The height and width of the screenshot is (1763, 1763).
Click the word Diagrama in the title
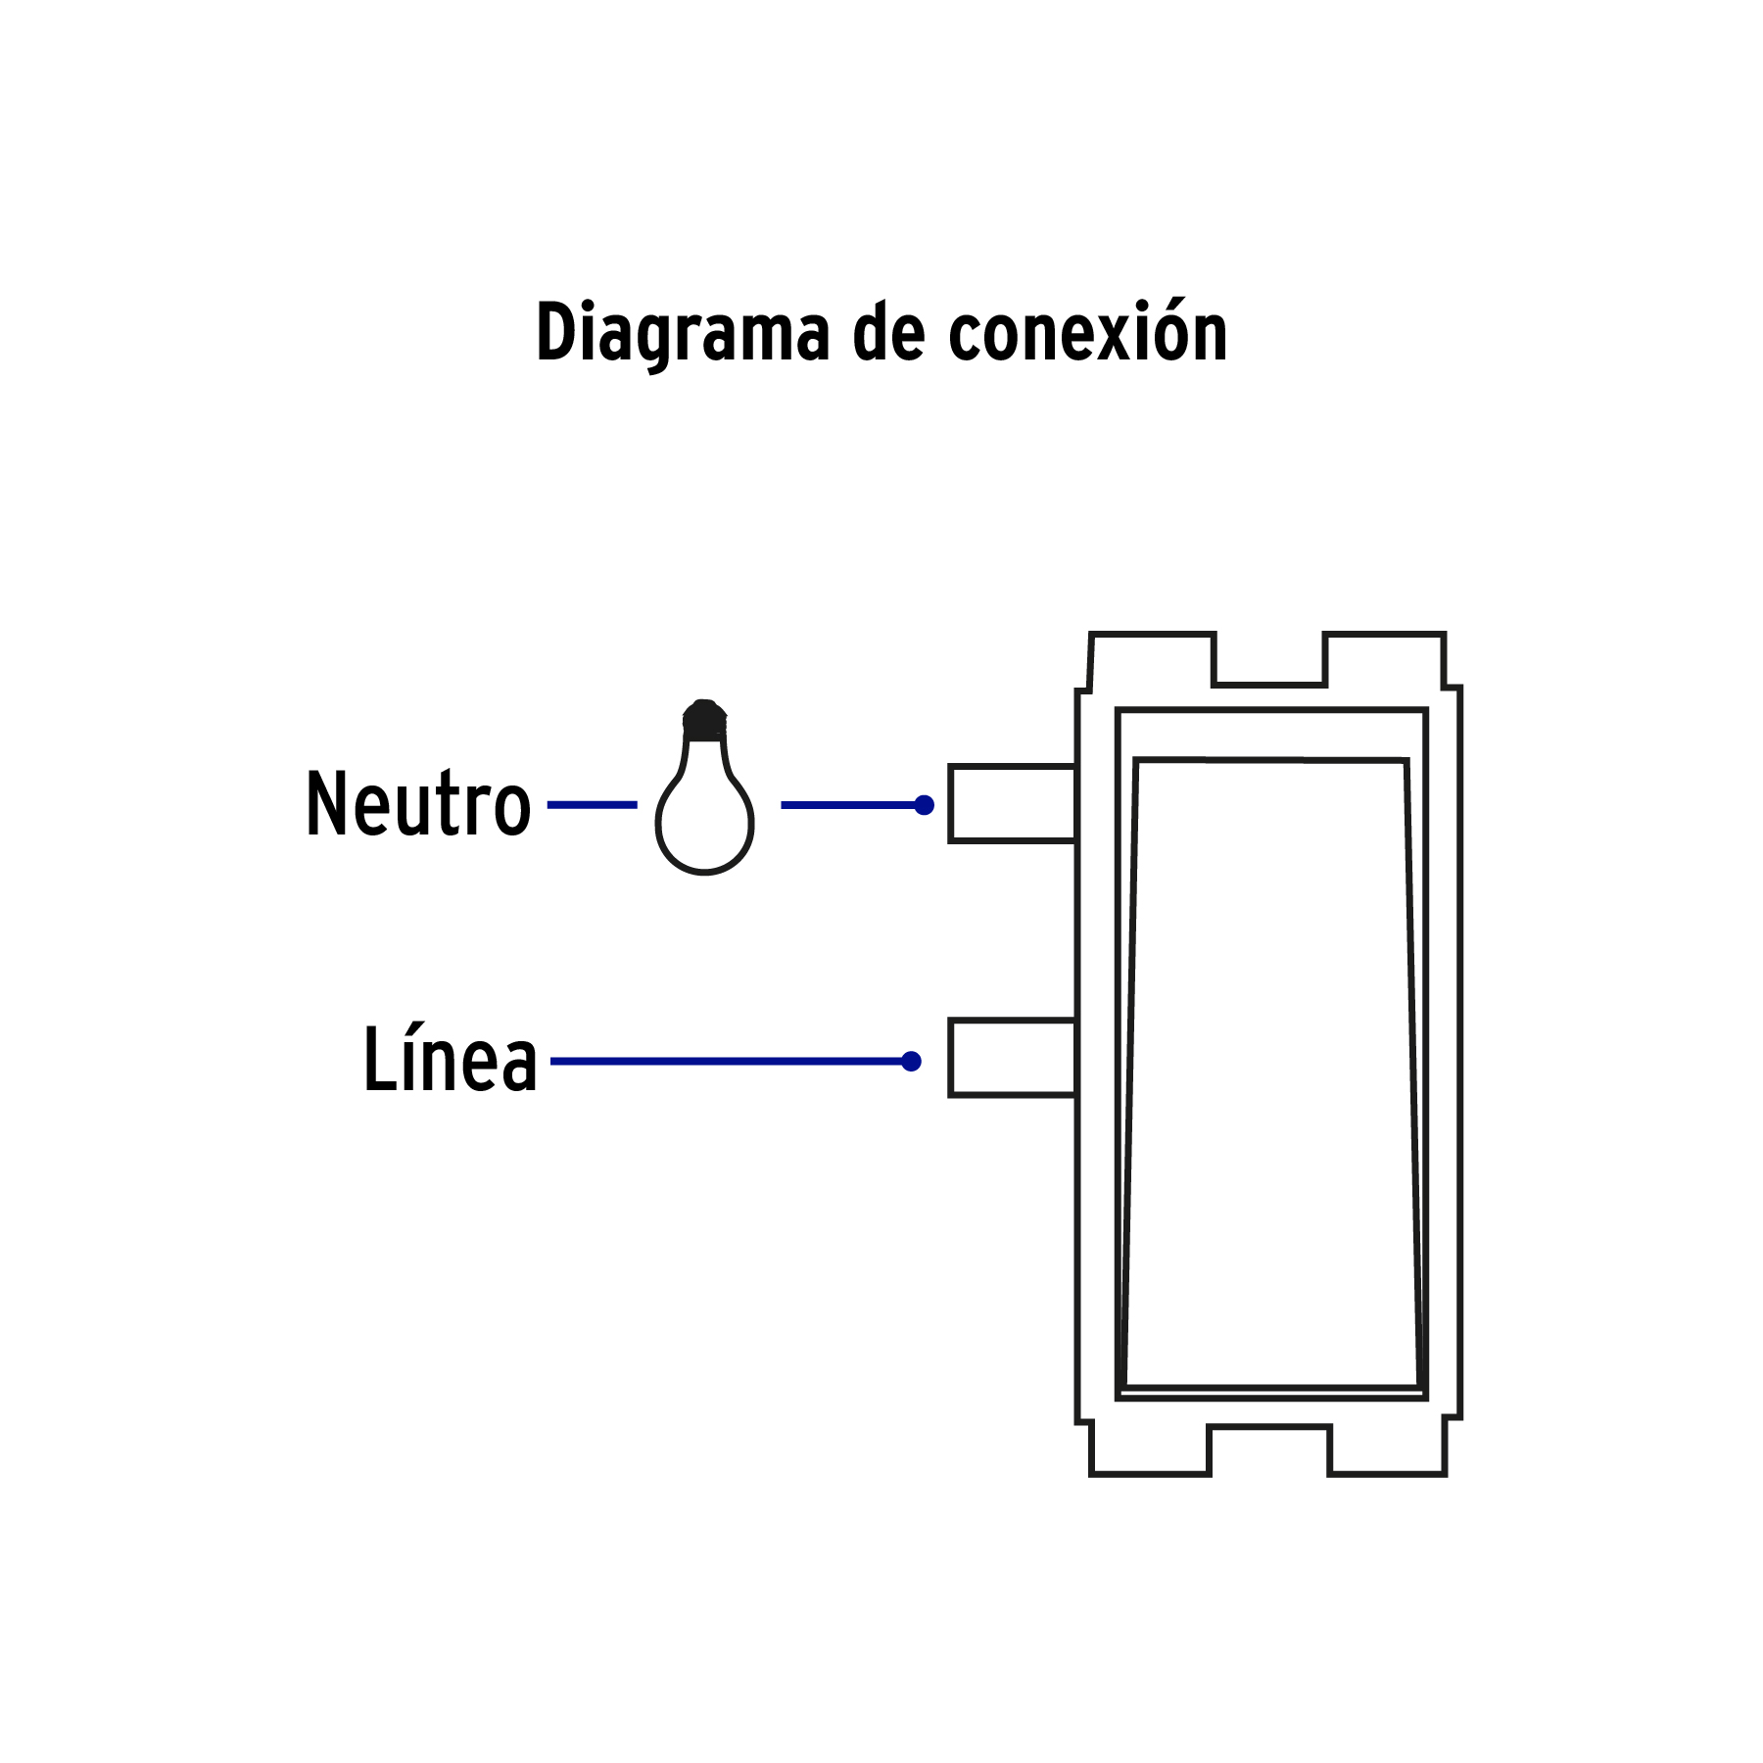(683, 333)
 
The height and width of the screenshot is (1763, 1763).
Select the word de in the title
(888, 333)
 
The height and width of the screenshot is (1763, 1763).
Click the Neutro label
(418, 804)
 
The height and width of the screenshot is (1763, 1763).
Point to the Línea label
(450, 1060)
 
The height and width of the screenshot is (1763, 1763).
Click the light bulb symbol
(704, 818)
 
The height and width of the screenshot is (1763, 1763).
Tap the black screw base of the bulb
(704, 721)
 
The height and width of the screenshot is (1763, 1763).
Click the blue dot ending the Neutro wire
(924, 805)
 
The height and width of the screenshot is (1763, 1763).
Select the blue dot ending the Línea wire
(911, 1062)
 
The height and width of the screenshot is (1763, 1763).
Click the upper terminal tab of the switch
(1012, 804)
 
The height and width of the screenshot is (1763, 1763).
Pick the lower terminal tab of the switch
(1012, 1058)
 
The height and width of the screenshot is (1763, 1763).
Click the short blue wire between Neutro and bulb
(592, 805)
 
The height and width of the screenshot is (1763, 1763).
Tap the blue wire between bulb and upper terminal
(847, 805)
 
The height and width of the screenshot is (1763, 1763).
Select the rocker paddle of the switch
(1270, 1072)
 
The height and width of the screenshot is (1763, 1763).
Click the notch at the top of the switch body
(1269, 658)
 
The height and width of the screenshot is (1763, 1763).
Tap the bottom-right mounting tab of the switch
(1387, 1450)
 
